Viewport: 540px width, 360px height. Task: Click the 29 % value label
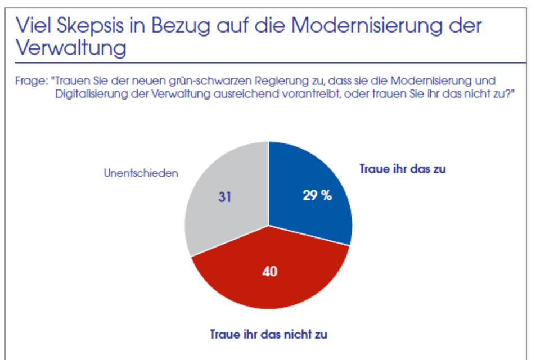[x=317, y=196]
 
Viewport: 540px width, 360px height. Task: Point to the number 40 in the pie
[x=270, y=272]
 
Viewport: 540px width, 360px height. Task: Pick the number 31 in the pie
[x=225, y=197]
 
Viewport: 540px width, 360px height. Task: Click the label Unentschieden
[x=141, y=173]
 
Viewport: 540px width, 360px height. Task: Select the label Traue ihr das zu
[x=402, y=169]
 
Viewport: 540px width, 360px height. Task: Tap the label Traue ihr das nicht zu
[x=268, y=334]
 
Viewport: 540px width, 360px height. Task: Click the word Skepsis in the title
[x=102, y=26]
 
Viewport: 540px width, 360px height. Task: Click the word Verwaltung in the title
[x=71, y=48]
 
